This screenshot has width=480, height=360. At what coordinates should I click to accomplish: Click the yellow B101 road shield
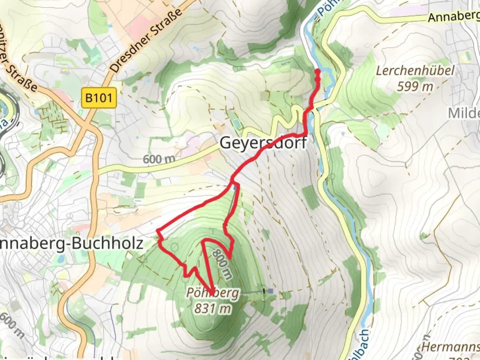point(99,98)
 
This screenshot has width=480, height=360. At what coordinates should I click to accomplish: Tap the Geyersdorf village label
point(263,143)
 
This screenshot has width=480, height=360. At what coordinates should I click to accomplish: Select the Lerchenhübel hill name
point(415,71)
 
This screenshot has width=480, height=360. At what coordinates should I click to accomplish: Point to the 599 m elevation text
point(415,87)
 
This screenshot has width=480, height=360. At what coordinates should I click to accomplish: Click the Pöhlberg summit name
point(213,293)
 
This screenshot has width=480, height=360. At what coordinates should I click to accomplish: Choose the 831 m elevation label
point(213,309)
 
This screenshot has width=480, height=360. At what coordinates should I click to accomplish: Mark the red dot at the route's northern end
point(317,71)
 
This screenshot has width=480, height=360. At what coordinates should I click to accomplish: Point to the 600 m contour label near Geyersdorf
point(159,159)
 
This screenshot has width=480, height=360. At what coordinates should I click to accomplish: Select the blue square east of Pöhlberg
point(271,291)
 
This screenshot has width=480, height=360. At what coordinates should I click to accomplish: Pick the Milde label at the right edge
point(464,113)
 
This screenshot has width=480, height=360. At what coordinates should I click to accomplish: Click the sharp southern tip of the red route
point(212,293)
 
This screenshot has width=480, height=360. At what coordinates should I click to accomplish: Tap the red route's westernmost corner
point(157,231)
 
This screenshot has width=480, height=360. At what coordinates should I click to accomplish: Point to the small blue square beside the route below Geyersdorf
point(235,188)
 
